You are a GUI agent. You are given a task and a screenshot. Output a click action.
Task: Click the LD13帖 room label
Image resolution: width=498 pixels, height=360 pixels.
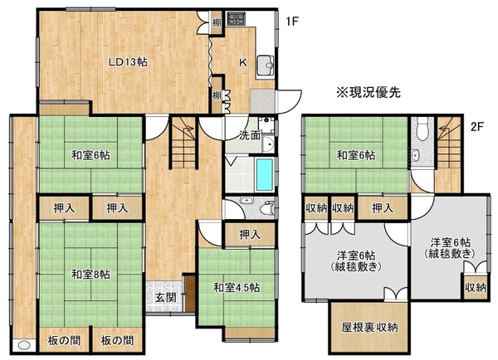pos(128,62)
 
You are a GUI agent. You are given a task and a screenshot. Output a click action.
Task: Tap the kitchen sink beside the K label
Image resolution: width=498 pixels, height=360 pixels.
pos(266,66)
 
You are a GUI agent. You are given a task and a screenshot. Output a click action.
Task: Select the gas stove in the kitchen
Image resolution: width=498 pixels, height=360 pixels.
pos(236,19)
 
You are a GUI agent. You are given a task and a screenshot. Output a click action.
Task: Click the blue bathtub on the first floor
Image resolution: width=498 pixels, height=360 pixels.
pos(265,174)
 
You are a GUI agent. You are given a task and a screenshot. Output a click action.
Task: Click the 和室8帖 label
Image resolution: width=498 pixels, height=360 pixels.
pos(90,275)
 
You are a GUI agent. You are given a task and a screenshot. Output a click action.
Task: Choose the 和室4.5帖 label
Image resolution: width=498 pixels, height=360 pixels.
pos(237,288)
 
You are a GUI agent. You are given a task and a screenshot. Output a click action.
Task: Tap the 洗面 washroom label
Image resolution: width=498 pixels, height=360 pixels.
pos(250,135)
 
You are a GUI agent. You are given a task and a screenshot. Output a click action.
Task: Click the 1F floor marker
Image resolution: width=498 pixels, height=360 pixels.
pos(292,22)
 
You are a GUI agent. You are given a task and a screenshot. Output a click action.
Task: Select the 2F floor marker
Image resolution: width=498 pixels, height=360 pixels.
pos(477,127)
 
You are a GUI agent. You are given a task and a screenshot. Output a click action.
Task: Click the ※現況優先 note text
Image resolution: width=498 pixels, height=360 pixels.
pos(369,92)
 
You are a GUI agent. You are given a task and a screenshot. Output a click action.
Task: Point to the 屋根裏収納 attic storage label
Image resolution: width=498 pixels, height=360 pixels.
pos(369,328)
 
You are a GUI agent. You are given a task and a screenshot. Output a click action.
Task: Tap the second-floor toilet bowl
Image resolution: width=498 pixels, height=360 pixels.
pos(422,129)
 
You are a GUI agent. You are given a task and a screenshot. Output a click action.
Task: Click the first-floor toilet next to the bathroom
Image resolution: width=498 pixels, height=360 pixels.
pos(267,207)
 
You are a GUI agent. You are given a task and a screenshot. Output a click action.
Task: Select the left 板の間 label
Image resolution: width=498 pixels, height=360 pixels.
pos(64,341)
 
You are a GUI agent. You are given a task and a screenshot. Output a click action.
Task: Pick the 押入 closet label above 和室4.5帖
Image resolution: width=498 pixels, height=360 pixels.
pos(250,235)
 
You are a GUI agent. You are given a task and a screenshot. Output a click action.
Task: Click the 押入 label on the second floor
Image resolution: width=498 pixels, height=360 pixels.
pos(383,208)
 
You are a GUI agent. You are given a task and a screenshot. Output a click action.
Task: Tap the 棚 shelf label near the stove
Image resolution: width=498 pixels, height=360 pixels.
pos(217,22)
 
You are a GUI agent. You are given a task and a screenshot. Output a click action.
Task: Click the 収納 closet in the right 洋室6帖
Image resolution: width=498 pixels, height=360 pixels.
pos(476,288)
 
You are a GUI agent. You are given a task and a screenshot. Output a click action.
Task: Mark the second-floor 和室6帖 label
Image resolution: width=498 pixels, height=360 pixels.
pos(356,156)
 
